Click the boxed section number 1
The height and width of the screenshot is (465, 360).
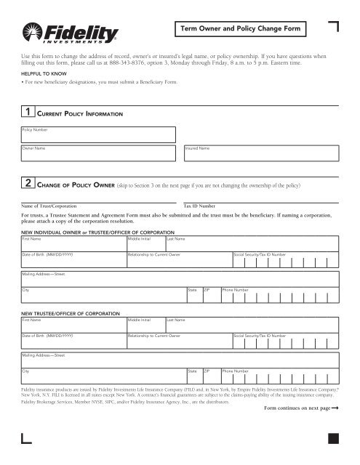tap(27, 113)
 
